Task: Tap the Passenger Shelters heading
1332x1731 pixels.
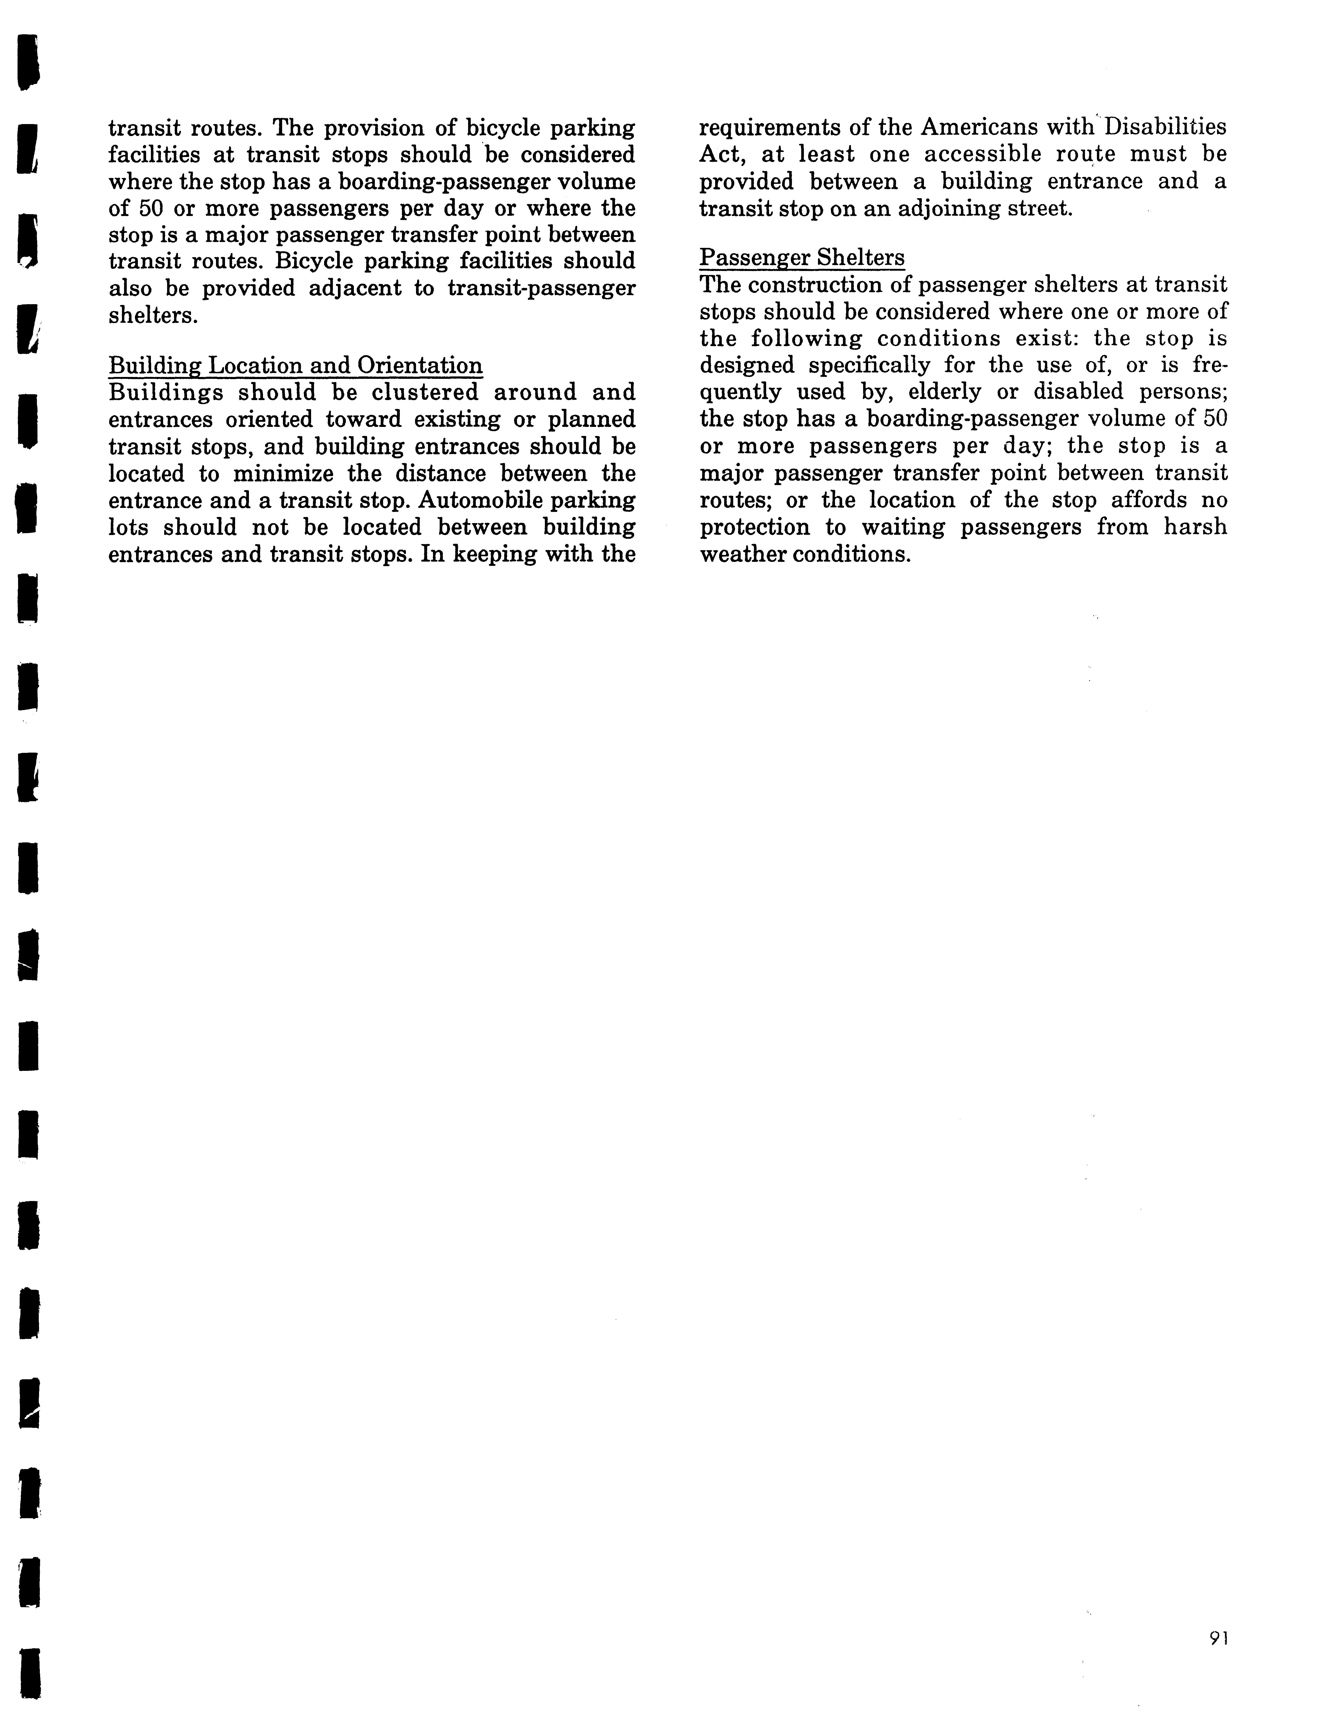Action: pyautogui.click(x=802, y=258)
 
